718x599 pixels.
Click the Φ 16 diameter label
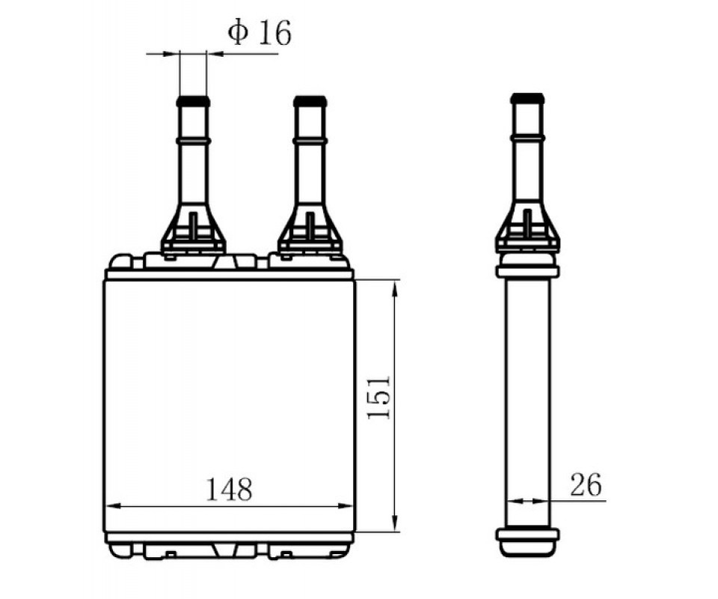coord(260,33)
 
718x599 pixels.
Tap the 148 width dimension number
coord(229,489)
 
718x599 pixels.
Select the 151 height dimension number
coord(379,397)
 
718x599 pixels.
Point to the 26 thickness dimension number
coord(586,485)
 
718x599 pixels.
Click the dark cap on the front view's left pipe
coord(193,101)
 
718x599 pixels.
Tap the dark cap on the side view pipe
coord(527,98)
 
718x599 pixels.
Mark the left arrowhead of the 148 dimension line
coord(113,506)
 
